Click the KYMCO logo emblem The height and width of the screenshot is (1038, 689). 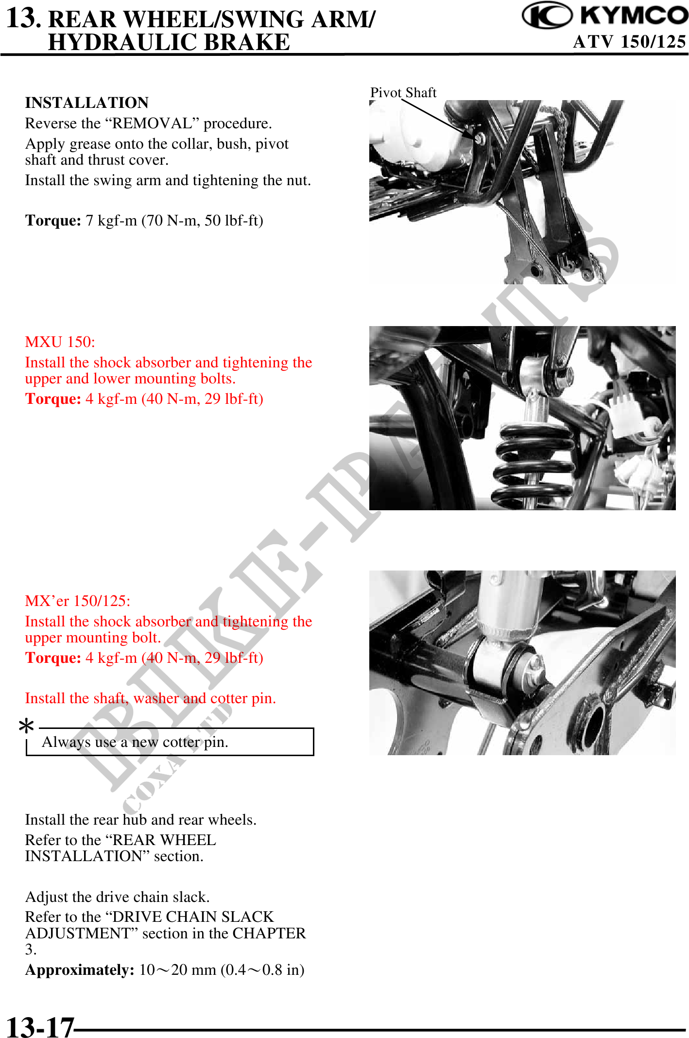(x=548, y=15)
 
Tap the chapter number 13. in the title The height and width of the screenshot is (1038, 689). (x=24, y=18)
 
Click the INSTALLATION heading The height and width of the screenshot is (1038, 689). (x=87, y=103)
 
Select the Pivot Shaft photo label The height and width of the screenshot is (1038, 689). (x=403, y=92)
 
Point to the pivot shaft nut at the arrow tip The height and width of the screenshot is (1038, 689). (x=479, y=139)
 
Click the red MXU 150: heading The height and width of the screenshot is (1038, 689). (x=60, y=342)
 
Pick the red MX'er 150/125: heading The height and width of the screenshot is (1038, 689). (x=78, y=601)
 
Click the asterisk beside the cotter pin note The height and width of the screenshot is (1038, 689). (x=26, y=726)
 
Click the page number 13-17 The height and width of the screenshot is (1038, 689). (x=40, y=1027)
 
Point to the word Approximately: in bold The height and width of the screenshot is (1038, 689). (x=80, y=970)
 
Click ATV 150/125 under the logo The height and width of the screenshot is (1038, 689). (x=629, y=42)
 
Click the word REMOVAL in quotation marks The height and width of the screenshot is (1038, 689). (x=152, y=123)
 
